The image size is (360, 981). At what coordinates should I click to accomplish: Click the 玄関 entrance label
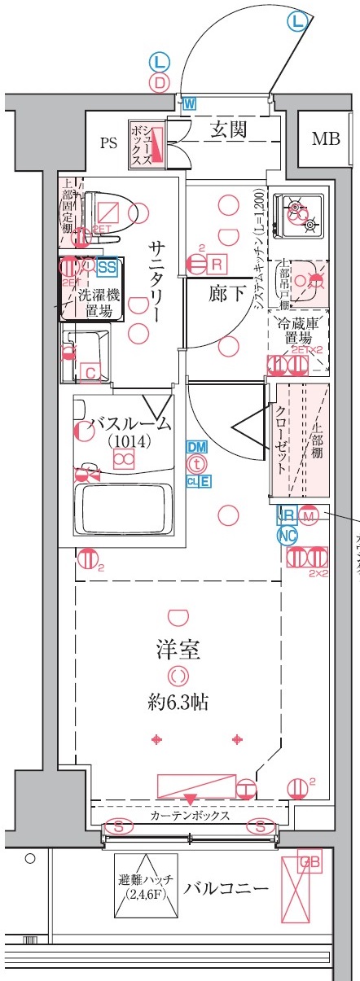[x=230, y=129]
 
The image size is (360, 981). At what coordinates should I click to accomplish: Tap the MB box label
[x=326, y=138]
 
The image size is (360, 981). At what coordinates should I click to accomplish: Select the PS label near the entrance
[x=108, y=143]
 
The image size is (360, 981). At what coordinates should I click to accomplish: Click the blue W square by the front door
[x=189, y=103]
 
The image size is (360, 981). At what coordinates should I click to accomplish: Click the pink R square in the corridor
[x=217, y=264]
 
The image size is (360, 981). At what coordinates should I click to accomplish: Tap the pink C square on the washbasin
[x=91, y=373]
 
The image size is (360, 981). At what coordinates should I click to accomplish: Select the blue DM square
[x=196, y=447]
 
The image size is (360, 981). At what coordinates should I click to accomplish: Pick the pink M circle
[x=309, y=515]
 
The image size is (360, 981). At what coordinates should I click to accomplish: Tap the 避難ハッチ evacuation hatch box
[x=145, y=887]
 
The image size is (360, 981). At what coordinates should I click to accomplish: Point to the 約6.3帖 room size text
[x=178, y=701]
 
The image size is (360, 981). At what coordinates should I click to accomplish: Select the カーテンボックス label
[x=189, y=815]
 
